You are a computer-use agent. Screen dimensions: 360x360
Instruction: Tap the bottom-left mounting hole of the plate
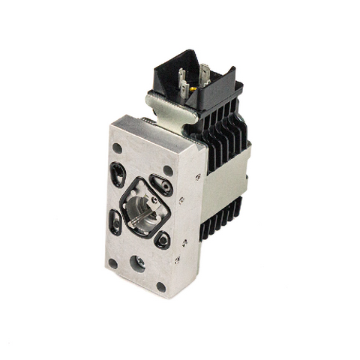point(112,263)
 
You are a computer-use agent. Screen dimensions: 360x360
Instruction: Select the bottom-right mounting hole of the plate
point(161,286)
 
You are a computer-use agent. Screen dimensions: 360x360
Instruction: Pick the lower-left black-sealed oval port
point(115,222)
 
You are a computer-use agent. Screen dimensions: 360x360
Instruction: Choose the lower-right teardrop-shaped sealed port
point(161,239)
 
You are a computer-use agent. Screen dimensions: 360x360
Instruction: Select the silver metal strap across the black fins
point(225,180)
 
